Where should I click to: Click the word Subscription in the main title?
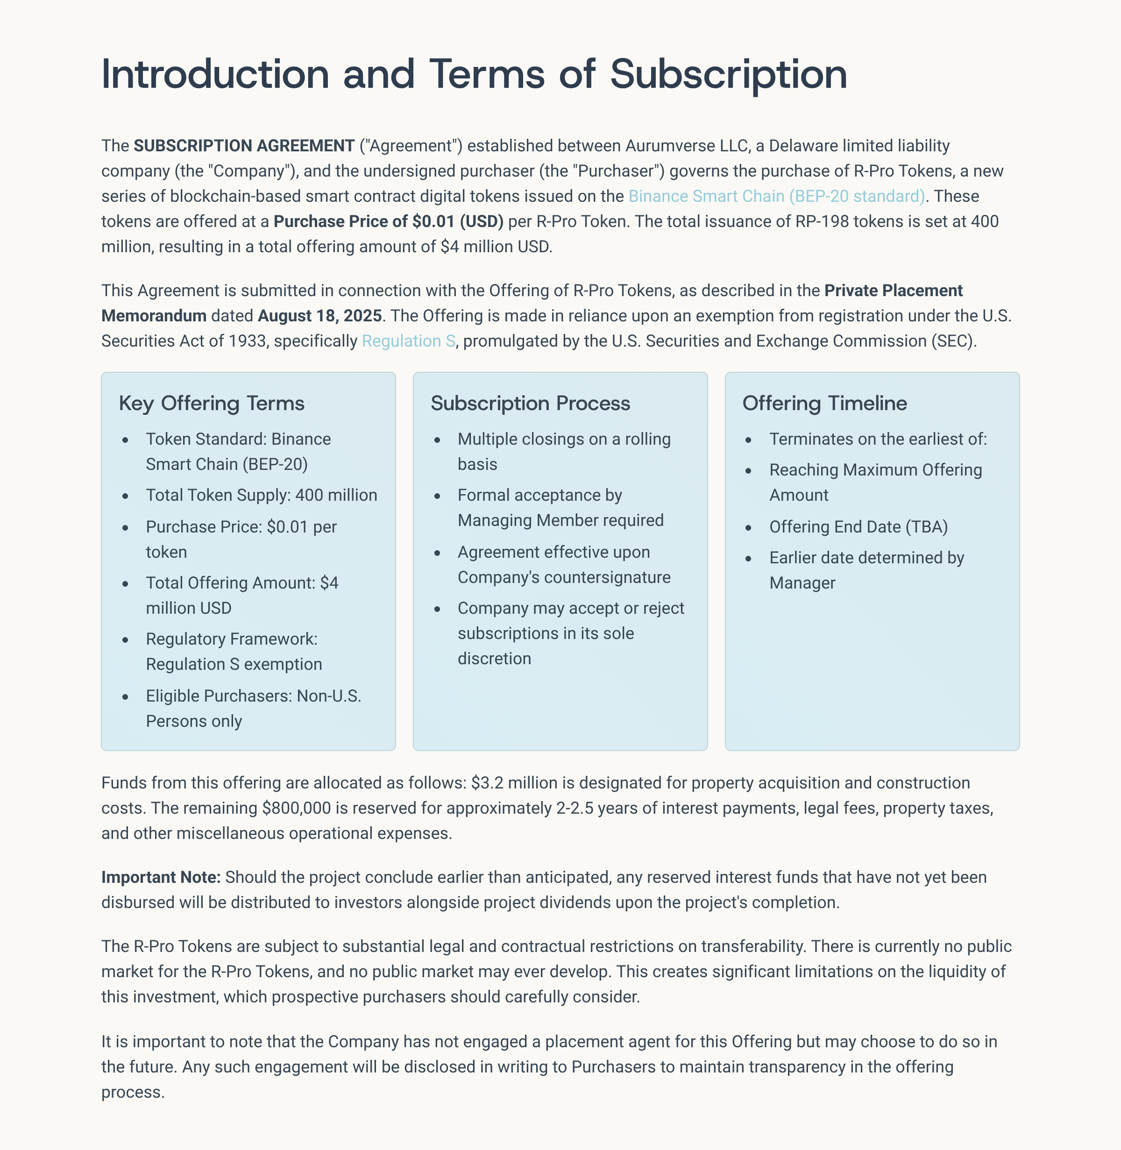[728, 75]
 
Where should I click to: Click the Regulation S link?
[408, 341]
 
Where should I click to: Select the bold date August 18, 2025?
[319, 316]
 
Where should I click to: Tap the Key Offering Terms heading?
[212, 404]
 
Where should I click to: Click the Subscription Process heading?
[530, 404]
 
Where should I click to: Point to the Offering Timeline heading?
[824, 404]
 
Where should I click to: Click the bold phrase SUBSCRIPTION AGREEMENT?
[244, 145]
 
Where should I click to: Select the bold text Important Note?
[161, 877]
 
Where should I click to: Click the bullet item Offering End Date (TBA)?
[858, 526]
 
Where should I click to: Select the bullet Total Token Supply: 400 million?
[262, 495]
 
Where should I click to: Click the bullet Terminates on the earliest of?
[878, 439]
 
